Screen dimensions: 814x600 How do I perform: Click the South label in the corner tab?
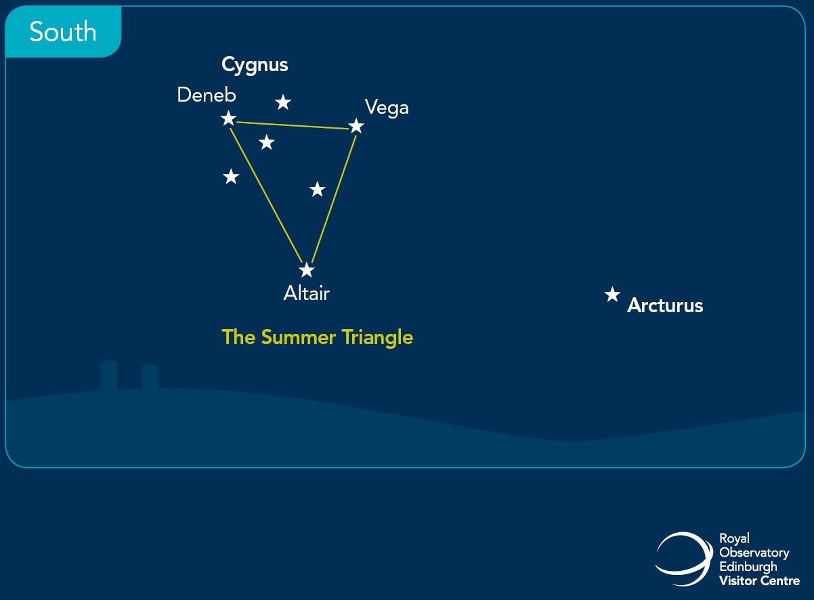pyautogui.click(x=63, y=32)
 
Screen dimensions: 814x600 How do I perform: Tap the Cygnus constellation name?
pyautogui.click(x=255, y=66)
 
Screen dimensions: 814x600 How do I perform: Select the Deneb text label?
pyautogui.click(x=207, y=95)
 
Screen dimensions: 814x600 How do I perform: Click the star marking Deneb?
pyautogui.click(x=229, y=118)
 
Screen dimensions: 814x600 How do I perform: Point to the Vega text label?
pyautogui.click(x=387, y=108)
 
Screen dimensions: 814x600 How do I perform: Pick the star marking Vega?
pyautogui.click(x=356, y=126)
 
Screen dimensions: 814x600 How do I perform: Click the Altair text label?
pyautogui.click(x=306, y=293)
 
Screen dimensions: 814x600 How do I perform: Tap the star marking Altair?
pyautogui.click(x=307, y=270)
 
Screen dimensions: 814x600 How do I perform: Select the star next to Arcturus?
pyautogui.click(x=612, y=295)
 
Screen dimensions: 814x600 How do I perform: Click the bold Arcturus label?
pyautogui.click(x=665, y=305)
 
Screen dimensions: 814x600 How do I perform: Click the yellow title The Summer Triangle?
pyautogui.click(x=317, y=337)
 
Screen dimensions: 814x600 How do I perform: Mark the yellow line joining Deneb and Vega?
pyautogui.click(x=293, y=125)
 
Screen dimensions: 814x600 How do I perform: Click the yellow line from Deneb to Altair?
pyautogui.click(x=266, y=195)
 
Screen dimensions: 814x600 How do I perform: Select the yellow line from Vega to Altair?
pyautogui.click(x=334, y=199)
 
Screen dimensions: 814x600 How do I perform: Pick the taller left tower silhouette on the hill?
pyautogui.click(x=108, y=375)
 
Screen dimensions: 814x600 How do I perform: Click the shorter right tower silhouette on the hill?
pyautogui.click(x=150, y=377)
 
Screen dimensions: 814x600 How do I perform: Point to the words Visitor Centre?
pyautogui.click(x=760, y=581)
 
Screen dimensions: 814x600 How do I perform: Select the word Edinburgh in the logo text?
pyautogui.click(x=748, y=567)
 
